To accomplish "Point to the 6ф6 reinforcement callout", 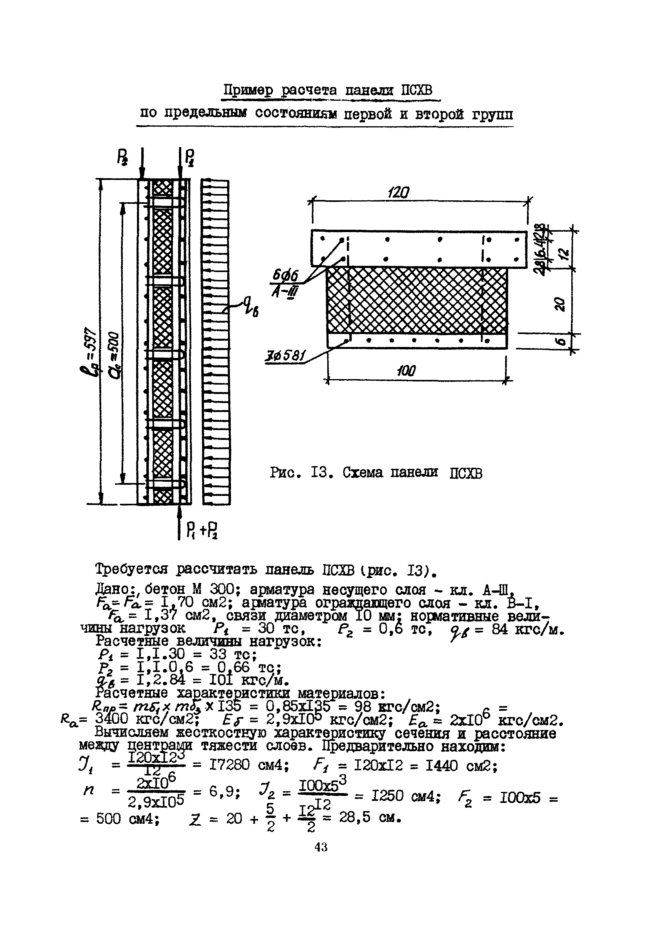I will click(x=285, y=276).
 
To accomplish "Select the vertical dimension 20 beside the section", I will click(x=559, y=303).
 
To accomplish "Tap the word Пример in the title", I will click(x=248, y=90).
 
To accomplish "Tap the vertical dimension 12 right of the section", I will click(x=565, y=253).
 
